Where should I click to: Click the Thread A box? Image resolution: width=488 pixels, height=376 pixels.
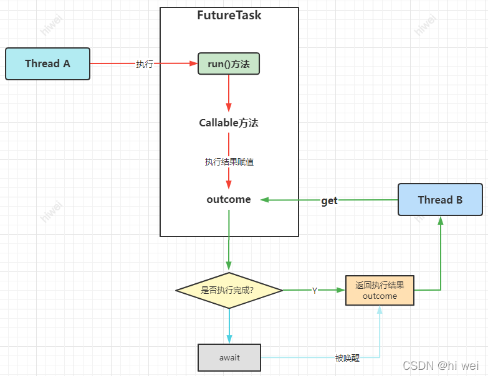click(x=47, y=63)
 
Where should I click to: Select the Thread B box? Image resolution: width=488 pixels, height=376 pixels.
click(x=440, y=200)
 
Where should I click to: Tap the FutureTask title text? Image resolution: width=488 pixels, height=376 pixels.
click(x=229, y=16)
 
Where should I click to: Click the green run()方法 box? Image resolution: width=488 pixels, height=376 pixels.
click(x=229, y=63)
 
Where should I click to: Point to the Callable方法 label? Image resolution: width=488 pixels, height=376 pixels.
click(x=229, y=123)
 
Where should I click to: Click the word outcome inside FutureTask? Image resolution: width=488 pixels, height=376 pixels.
click(x=229, y=200)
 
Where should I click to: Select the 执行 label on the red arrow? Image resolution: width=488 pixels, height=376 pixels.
click(x=145, y=64)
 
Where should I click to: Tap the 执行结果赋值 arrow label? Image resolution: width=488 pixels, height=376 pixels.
click(x=229, y=162)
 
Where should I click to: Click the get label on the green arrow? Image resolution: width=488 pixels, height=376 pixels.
click(x=329, y=200)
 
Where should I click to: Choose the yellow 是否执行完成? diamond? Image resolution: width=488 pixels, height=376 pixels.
click(x=229, y=290)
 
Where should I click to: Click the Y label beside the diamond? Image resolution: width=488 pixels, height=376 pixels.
click(x=315, y=291)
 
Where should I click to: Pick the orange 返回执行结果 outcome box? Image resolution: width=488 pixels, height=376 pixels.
click(x=380, y=291)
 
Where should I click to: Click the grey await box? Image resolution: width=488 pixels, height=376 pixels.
click(x=229, y=357)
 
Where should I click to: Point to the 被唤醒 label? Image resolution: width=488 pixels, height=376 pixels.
click(x=347, y=358)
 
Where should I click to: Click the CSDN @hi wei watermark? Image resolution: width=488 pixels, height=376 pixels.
click(x=441, y=366)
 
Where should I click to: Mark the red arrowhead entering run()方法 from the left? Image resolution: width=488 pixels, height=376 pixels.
click(x=193, y=63)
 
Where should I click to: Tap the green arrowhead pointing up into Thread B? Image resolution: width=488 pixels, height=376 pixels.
click(x=441, y=220)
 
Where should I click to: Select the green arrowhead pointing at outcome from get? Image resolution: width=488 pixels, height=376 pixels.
click(x=264, y=200)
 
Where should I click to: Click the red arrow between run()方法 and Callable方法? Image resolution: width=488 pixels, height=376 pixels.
click(x=229, y=93)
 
